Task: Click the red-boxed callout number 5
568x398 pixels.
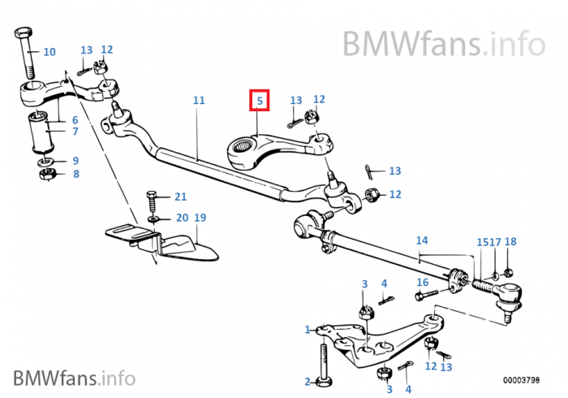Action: (x=260, y=101)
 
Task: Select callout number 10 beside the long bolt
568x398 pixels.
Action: (x=49, y=52)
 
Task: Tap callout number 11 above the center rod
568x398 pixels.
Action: (x=199, y=100)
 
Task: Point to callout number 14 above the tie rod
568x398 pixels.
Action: (x=422, y=240)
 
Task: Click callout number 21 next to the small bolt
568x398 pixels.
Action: (x=181, y=197)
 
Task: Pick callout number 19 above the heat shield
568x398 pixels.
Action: (x=200, y=218)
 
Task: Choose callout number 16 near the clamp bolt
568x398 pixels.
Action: (x=423, y=282)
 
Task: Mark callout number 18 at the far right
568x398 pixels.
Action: (x=510, y=241)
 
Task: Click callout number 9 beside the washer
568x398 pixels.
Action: (x=75, y=161)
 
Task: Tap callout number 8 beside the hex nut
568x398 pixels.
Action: (x=76, y=174)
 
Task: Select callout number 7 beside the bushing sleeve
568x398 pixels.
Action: (x=75, y=132)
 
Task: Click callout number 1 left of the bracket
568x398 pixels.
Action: (x=308, y=330)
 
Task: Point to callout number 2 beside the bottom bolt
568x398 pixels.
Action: (x=308, y=382)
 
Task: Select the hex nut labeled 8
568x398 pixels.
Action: (x=47, y=175)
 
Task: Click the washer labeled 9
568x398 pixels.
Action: (x=46, y=162)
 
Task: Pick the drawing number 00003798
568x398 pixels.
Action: (x=521, y=380)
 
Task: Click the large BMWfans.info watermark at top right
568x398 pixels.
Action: (x=444, y=44)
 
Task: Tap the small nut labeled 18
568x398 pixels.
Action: (x=508, y=271)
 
